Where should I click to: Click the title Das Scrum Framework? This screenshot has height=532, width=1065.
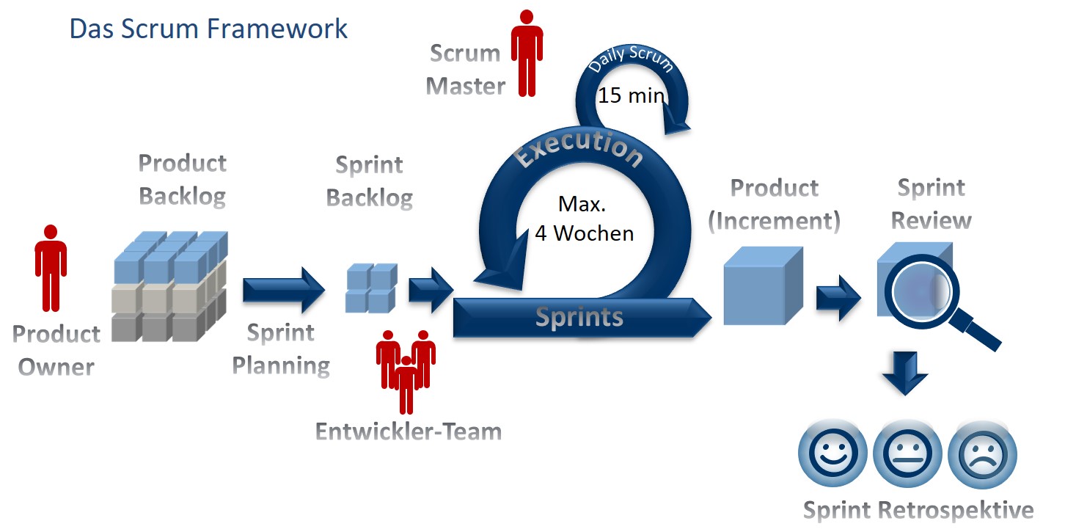[x=208, y=29]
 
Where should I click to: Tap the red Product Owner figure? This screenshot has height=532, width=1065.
[x=51, y=268]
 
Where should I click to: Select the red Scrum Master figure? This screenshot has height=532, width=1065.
[x=527, y=53]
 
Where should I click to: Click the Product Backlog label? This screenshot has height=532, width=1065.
[x=182, y=180]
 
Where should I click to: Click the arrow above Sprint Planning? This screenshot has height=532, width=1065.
[x=282, y=290]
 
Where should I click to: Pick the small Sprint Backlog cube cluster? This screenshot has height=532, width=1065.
[x=370, y=288]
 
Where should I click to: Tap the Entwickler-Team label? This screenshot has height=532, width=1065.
[x=409, y=431]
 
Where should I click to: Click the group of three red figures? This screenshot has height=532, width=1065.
[x=406, y=367]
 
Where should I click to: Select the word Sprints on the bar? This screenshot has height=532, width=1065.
[x=579, y=316]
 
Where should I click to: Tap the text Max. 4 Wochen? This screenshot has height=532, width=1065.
[x=584, y=218]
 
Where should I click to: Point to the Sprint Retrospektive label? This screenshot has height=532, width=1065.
[x=918, y=509]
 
